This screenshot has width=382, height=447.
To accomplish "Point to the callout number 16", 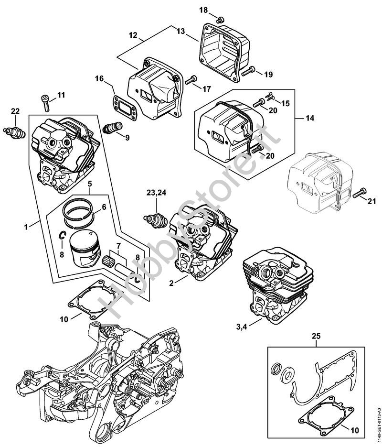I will pyautogui.click(x=99, y=78).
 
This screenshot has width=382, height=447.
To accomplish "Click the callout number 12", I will pyautogui.click(x=132, y=34).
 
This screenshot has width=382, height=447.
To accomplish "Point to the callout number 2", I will pyautogui.click(x=171, y=283).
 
